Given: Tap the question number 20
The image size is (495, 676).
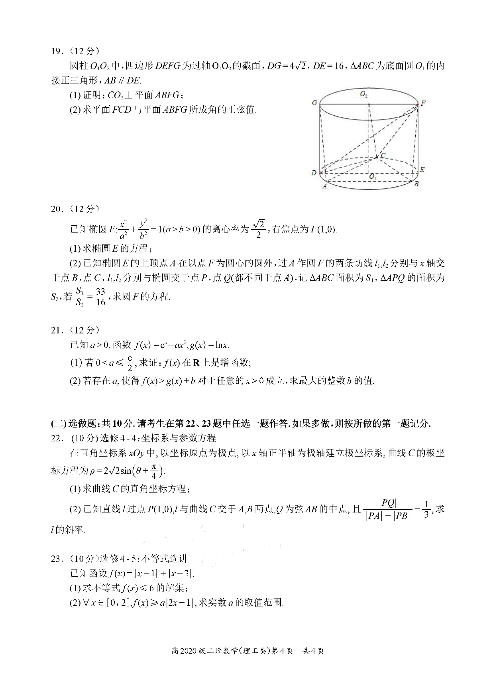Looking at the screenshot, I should click(x=56, y=209).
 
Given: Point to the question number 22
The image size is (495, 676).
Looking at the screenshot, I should click(x=56, y=438).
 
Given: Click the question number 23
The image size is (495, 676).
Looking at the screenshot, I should click(x=56, y=559).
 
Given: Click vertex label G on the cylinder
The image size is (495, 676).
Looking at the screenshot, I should click(x=314, y=103).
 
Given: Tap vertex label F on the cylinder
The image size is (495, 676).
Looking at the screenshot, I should click(x=423, y=103).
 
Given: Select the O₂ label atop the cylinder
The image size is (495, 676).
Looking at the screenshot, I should click(x=363, y=94).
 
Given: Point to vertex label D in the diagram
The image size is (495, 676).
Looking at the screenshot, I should click(x=314, y=173).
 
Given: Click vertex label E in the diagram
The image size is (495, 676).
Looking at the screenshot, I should click(x=422, y=169).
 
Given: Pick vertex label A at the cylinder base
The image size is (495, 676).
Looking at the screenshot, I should click(x=324, y=186).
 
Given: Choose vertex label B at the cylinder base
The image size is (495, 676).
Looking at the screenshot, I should click(x=416, y=184).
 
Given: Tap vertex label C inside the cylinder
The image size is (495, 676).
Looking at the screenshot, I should click(x=383, y=156).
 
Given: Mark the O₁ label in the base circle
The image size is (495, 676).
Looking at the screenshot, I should click(x=372, y=176).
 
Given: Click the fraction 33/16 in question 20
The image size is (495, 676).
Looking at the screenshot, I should click(x=101, y=296).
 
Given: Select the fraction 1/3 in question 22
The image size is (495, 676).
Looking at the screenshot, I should click(x=426, y=508).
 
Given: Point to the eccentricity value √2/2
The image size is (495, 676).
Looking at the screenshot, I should click(x=259, y=229).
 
